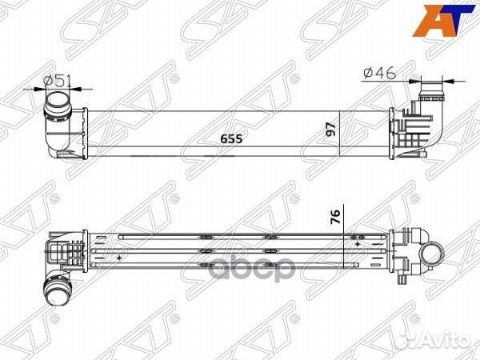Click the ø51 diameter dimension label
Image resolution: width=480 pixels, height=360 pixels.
[58, 79]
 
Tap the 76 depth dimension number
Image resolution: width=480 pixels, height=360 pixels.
[337, 217]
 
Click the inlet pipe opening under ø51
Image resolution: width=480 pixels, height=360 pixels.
[58, 103]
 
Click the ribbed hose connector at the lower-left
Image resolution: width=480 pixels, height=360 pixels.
[57, 289]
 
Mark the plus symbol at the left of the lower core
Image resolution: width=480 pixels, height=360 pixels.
[121, 258]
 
